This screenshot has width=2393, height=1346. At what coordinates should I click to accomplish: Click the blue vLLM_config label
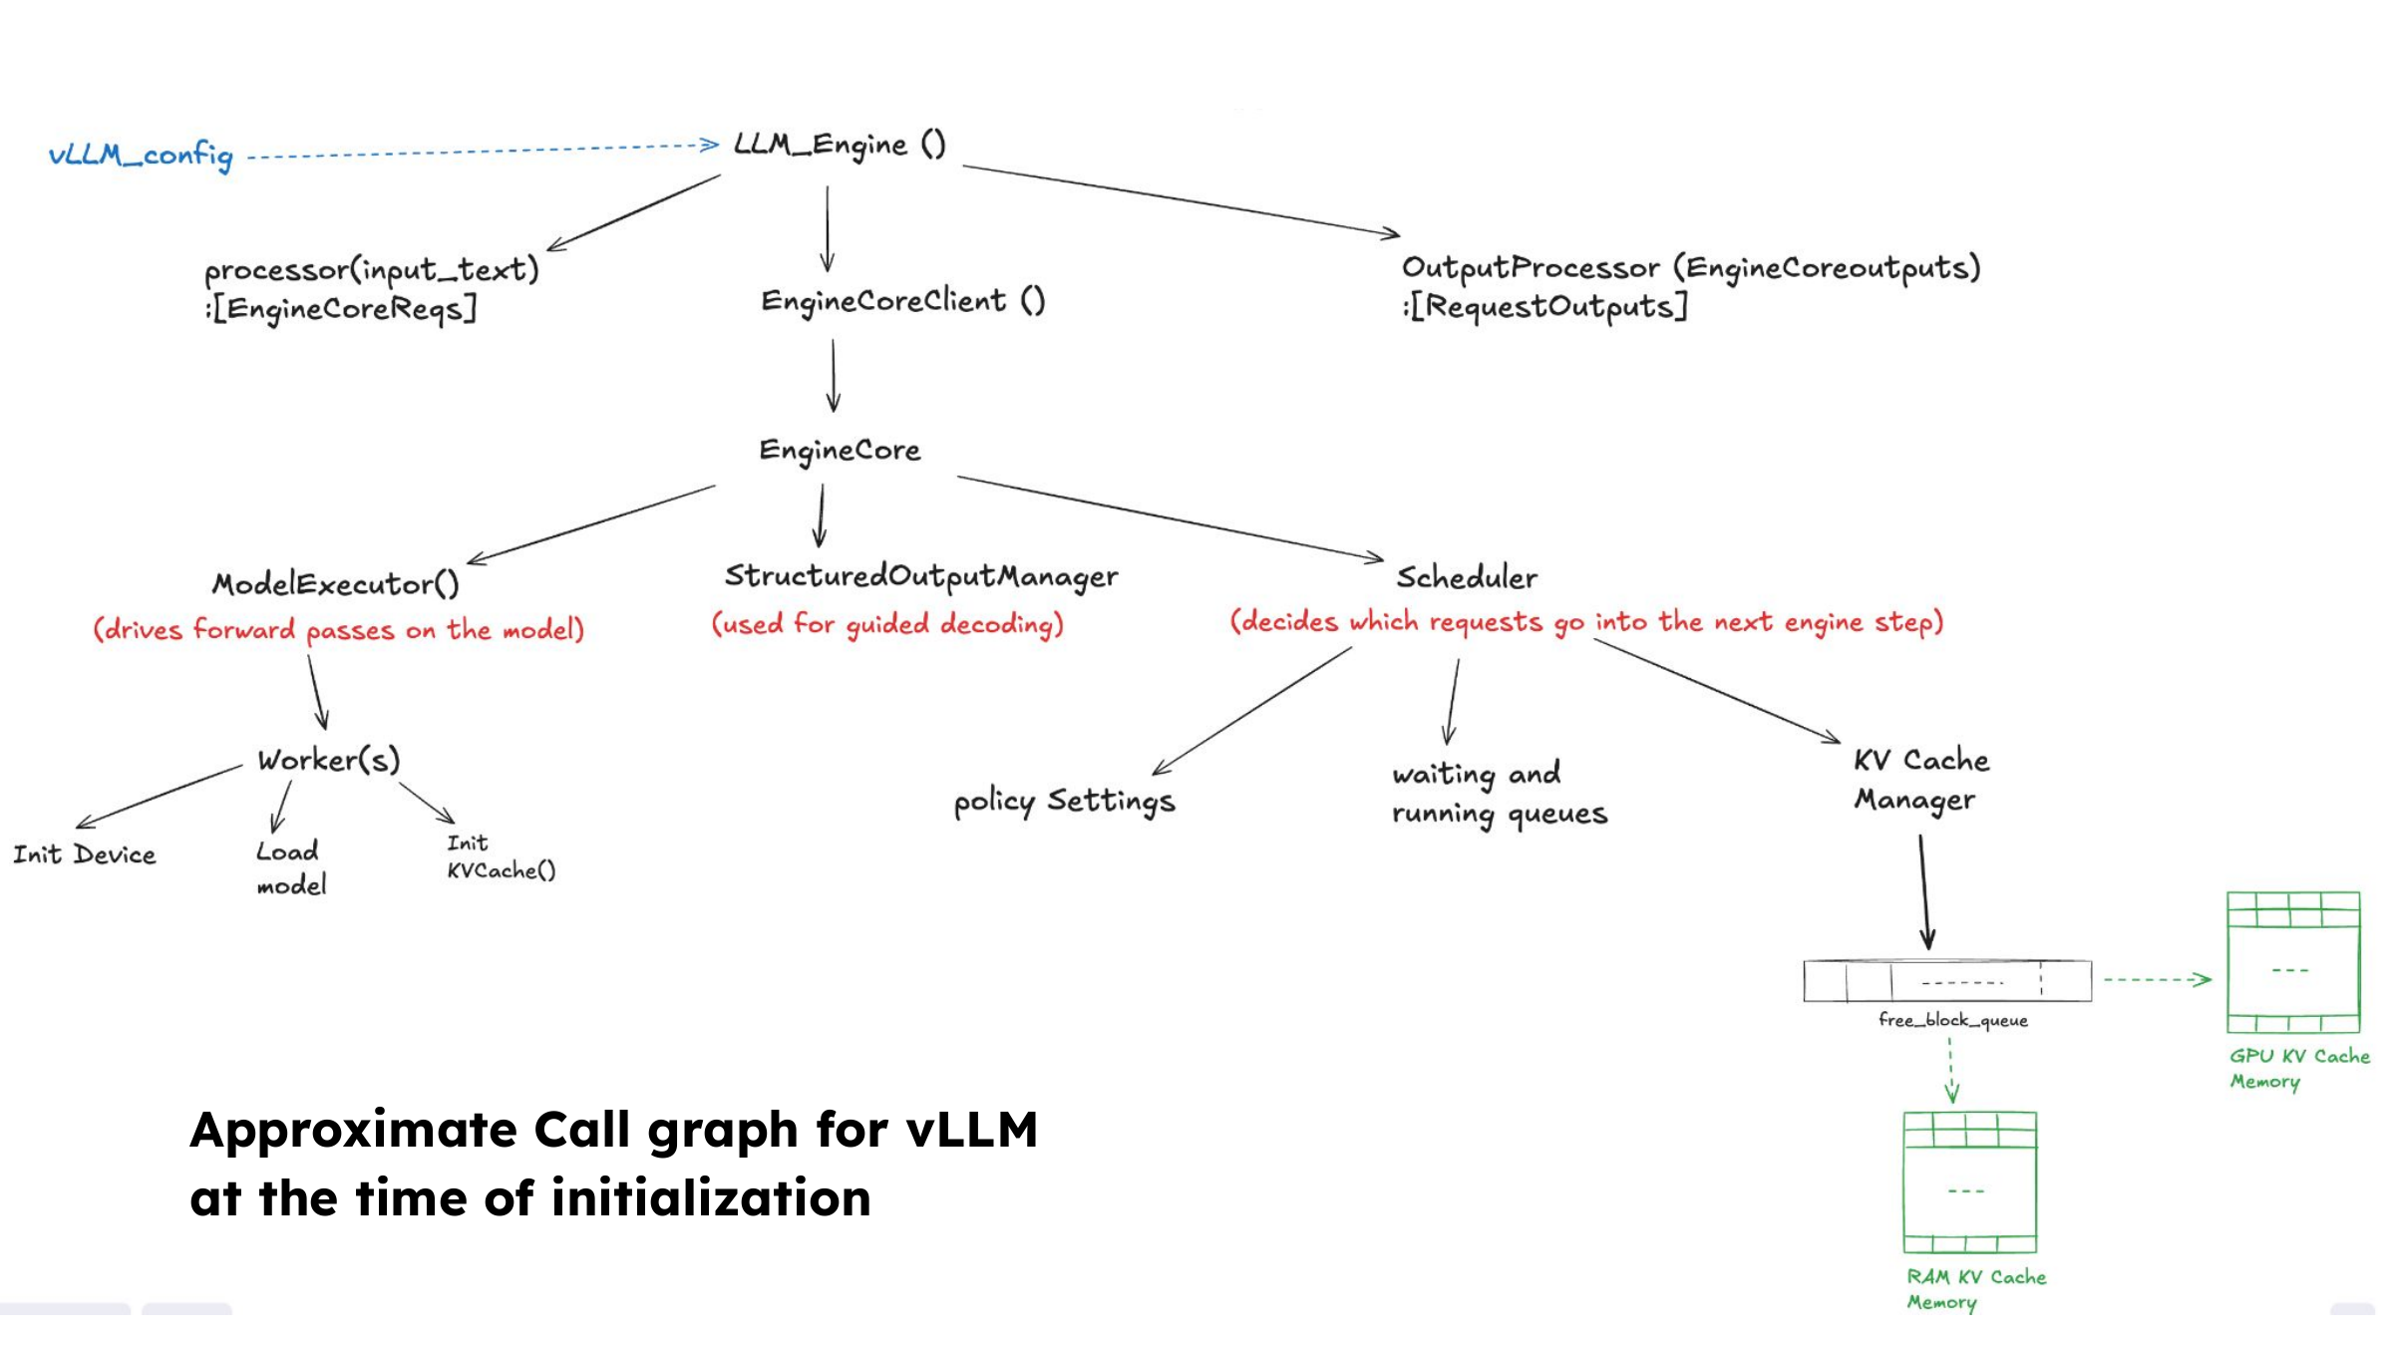[x=141, y=156]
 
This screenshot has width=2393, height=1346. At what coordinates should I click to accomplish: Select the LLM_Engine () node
[x=840, y=146]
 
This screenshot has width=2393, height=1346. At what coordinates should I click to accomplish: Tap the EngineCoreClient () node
[x=903, y=300]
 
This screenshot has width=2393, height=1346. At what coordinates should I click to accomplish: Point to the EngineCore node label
[x=840, y=451]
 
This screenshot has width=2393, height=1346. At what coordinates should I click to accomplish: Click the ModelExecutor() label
[x=336, y=583]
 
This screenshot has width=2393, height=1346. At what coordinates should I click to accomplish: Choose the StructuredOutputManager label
[x=921, y=576]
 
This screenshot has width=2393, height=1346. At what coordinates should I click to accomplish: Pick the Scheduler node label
[x=1467, y=577]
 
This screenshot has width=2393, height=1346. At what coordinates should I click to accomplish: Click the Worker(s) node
[x=329, y=760]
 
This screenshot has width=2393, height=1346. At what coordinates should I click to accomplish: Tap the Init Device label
[x=85, y=854]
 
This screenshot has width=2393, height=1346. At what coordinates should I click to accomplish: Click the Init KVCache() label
[x=501, y=857]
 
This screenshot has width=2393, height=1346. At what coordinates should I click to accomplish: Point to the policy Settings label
[x=1065, y=802]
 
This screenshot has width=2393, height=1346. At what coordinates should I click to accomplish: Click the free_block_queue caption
[x=1953, y=1020]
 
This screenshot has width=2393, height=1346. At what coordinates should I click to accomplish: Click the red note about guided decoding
[x=887, y=624]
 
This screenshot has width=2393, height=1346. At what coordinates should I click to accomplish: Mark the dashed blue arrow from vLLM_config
[x=483, y=151]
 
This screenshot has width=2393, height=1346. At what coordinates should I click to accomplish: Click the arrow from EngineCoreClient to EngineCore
[x=834, y=376]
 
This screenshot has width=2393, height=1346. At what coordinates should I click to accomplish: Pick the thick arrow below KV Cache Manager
[x=1924, y=892]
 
